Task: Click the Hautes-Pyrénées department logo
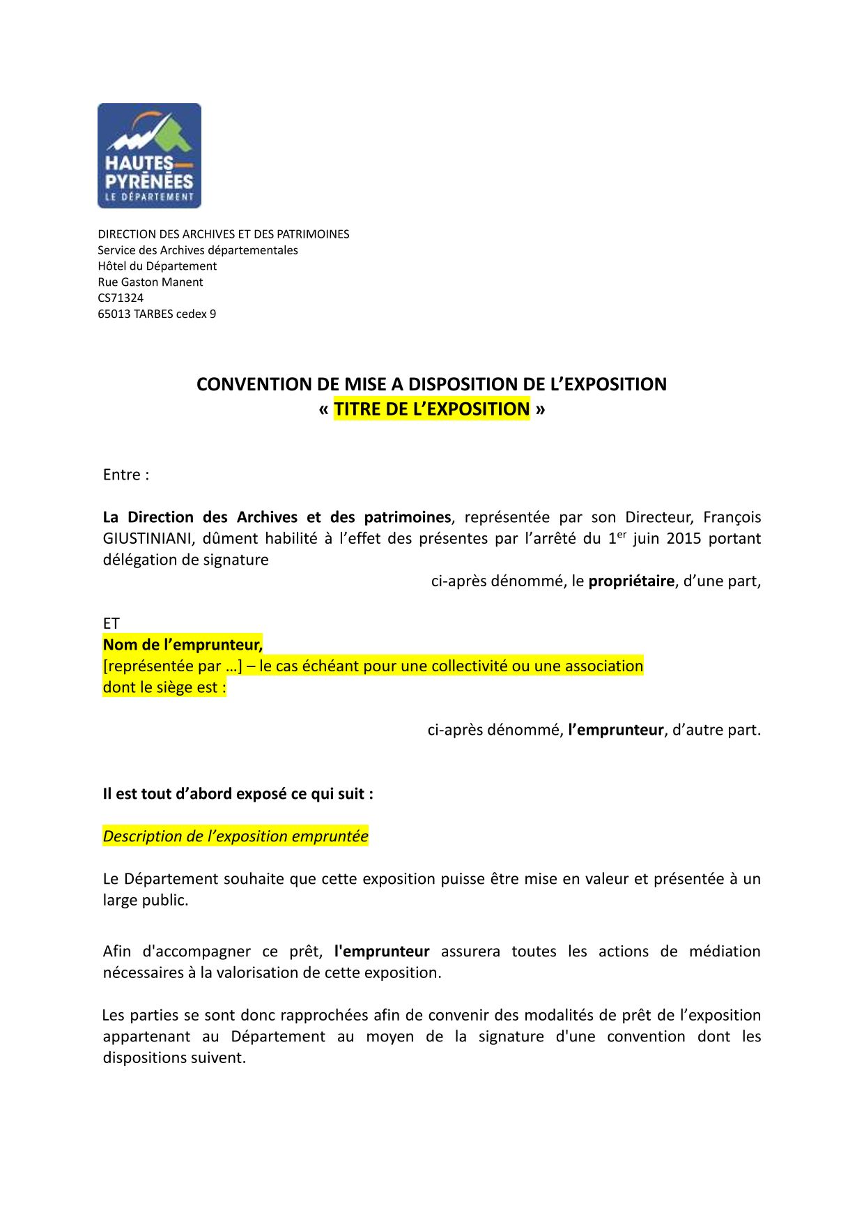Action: point(149,155)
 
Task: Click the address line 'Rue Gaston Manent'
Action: point(150,282)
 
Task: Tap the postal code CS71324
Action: point(121,298)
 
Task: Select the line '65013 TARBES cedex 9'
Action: point(157,314)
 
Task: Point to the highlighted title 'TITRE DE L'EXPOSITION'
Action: point(431,409)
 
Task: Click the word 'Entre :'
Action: point(126,475)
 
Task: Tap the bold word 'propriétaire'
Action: point(631,581)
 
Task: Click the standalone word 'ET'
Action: point(111,624)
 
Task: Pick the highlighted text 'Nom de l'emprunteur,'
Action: point(183,645)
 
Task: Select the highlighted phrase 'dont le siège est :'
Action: point(164,687)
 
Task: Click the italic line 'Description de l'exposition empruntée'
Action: point(236,837)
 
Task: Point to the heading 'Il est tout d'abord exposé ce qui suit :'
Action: point(238,794)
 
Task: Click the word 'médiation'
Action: point(725,952)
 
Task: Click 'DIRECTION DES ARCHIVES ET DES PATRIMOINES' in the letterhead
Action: point(224,234)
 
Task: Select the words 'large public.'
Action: point(146,901)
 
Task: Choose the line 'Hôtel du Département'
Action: point(157,266)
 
